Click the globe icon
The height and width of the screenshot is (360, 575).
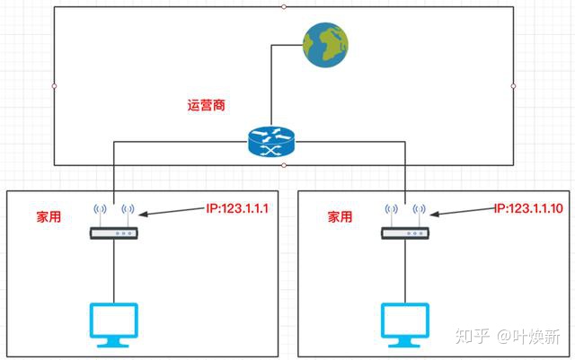pos(325,45)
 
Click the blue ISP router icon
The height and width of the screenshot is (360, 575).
pos(271,142)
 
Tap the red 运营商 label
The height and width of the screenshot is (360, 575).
pos(206,105)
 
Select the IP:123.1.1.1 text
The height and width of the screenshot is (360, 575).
pos(237,208)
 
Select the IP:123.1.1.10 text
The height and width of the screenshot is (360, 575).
pos(528,208)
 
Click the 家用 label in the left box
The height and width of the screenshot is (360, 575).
pos(49,216)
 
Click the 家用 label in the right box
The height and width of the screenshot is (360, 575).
pos(340,216)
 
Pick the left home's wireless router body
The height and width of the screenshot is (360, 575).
pos(114,233)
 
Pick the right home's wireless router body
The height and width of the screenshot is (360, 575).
pos(405,233)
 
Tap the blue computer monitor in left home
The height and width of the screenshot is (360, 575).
pos(114,324)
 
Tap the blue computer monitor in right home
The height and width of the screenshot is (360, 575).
pos(405,324)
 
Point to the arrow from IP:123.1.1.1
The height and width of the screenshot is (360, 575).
pos(172,212)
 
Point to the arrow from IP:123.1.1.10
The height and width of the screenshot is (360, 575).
pos(464,212)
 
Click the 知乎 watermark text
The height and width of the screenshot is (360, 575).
pos(473,336)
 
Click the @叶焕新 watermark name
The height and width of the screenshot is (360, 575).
pos(528,336)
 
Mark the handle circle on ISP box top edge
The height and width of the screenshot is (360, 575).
pos(284,7)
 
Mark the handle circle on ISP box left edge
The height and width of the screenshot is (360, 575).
pos(54,86)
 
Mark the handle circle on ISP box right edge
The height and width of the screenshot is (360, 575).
pos(513,86)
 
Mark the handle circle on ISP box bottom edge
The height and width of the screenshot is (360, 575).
pos(284,165)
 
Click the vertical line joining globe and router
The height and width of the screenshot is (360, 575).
pos(271,86)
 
